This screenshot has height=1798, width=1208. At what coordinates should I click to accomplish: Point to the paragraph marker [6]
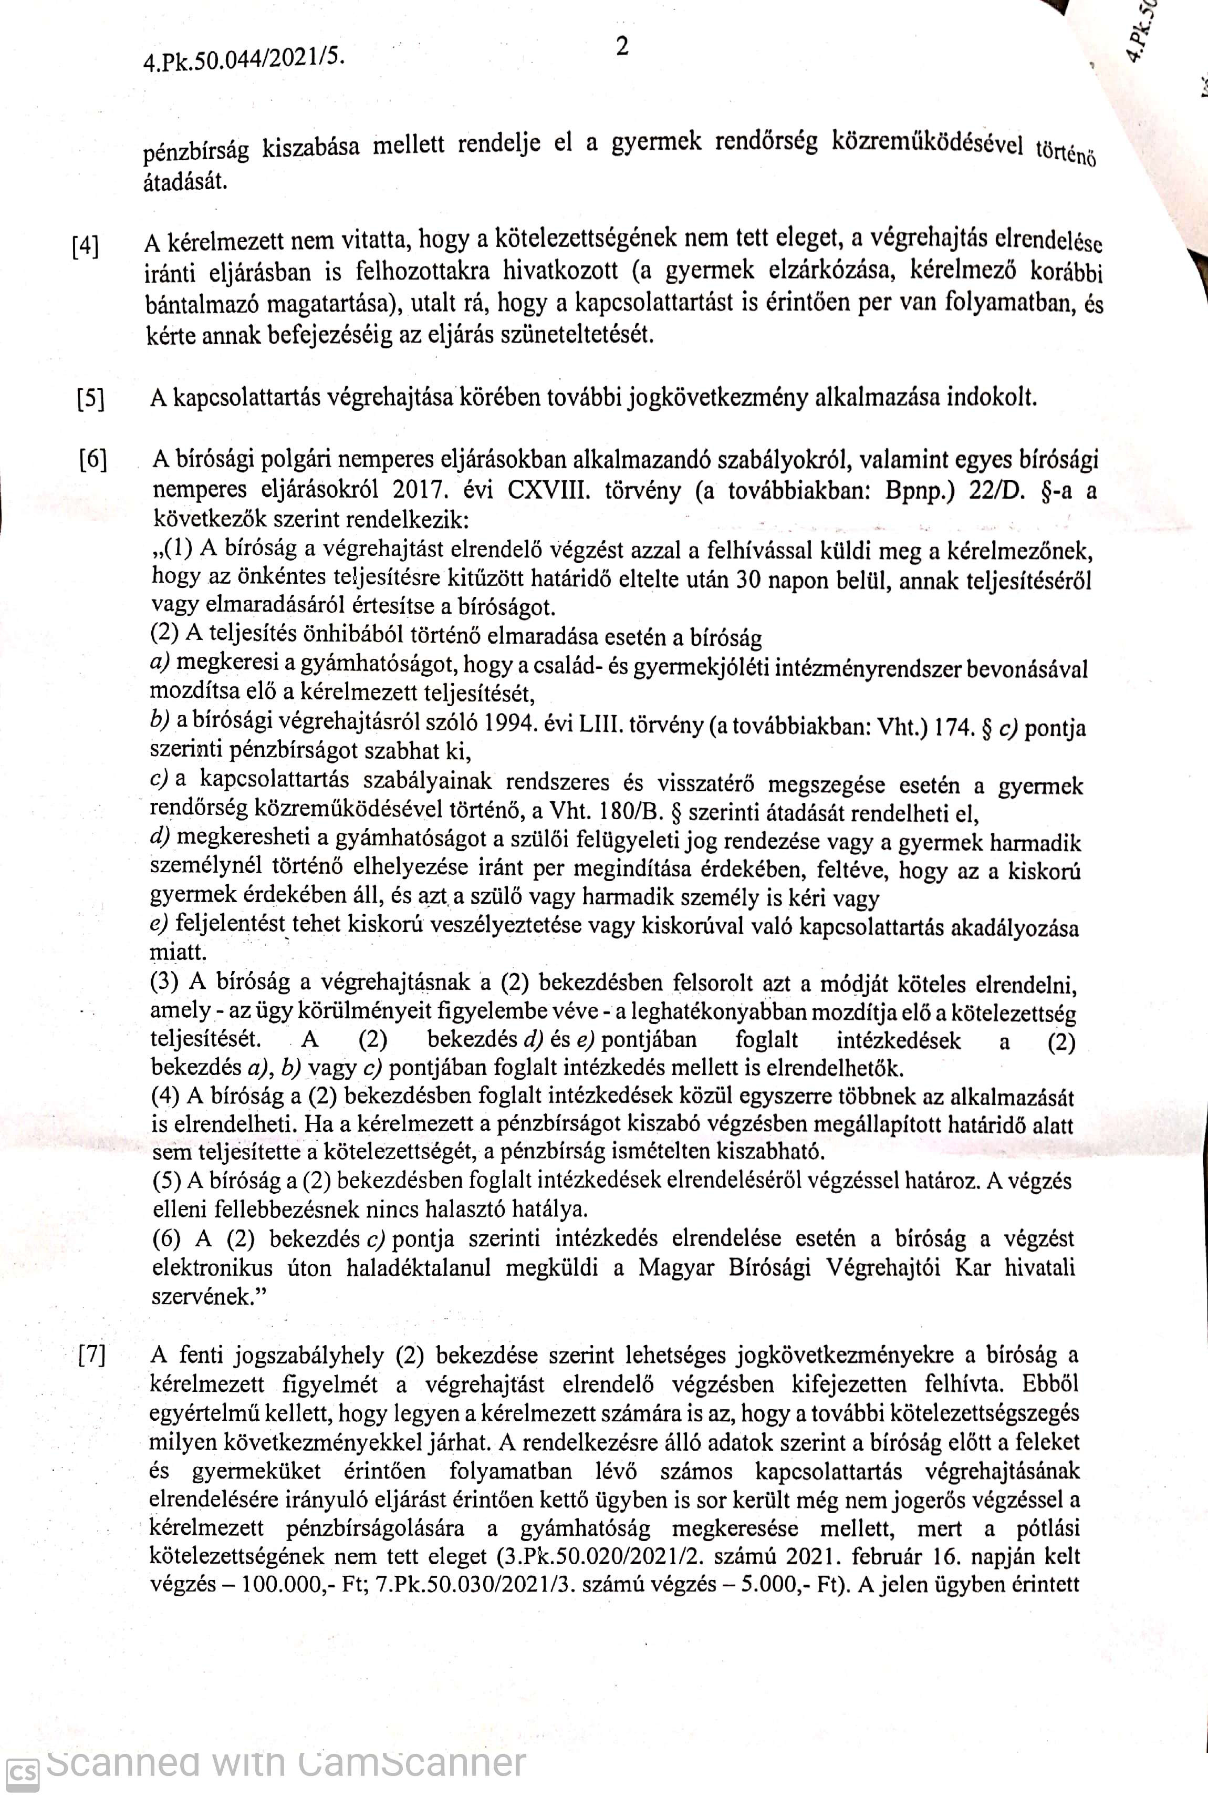tap(92, 461)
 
